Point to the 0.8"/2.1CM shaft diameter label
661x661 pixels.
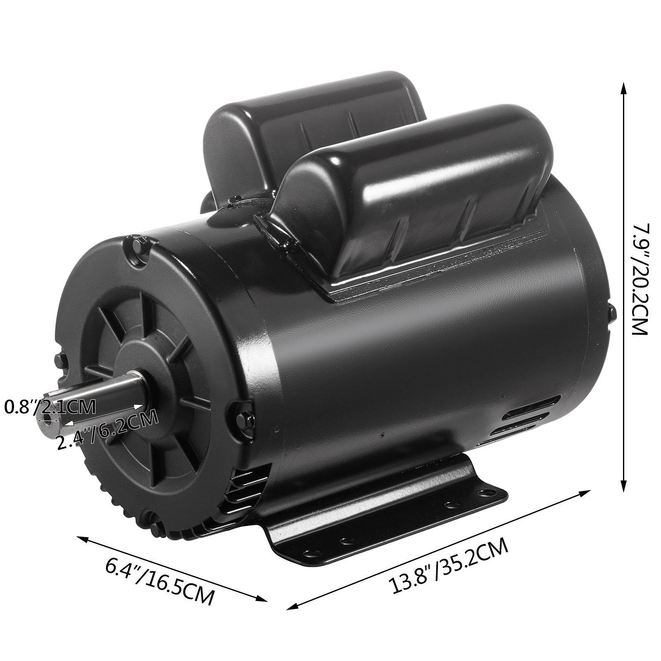tap(50, 407)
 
